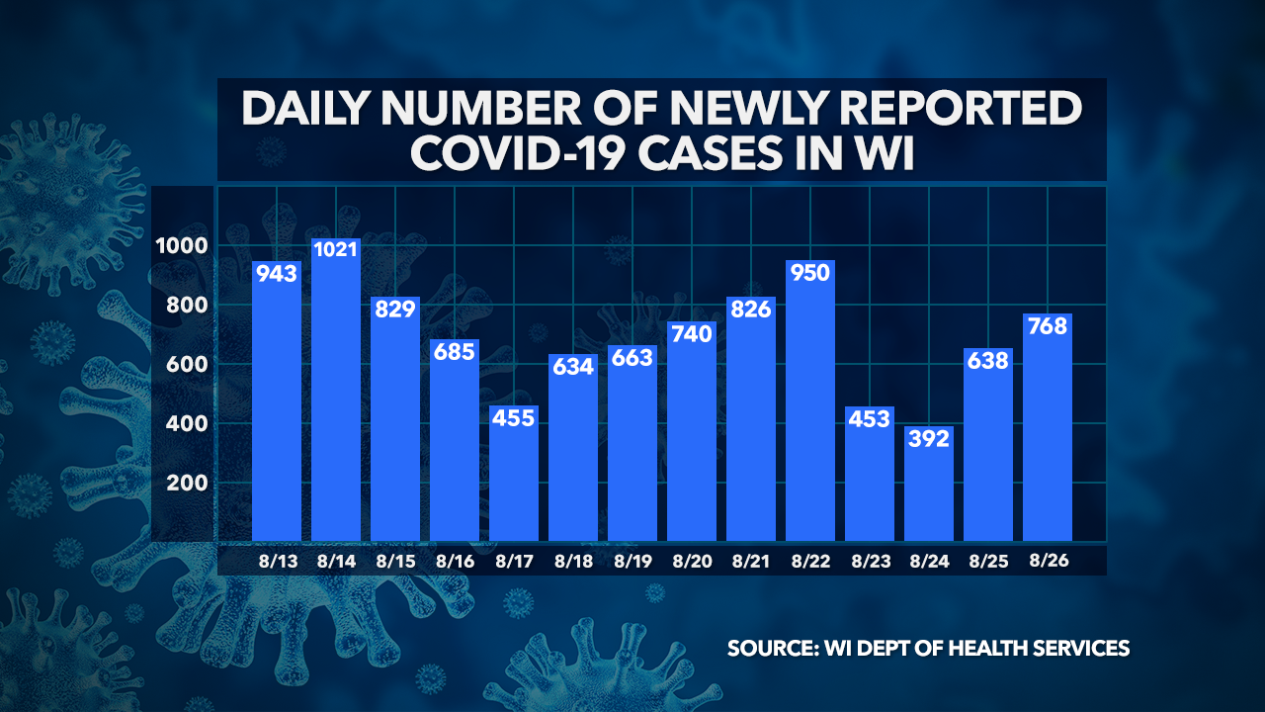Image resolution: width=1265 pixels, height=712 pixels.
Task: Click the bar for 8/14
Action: pyautogui.click(x=336, y=396)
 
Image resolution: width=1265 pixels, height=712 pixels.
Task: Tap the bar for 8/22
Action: pyautogui.click(x=810, y=405)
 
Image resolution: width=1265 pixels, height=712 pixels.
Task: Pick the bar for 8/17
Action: pyautogui.click(x=514, y=475)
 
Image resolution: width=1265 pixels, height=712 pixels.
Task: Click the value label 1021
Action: pyautogui.click(x=336, y=250)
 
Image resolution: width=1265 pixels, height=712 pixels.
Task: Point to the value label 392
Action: pyautogui.click(x=929, y=438)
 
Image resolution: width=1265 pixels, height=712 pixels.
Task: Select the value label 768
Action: pyautogui.click(x=1048, y=325)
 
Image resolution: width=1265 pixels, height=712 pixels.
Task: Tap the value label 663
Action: pyautogui.click(x=632, y=357)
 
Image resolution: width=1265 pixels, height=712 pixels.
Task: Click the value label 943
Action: pyautogui.click(x=277, y=273)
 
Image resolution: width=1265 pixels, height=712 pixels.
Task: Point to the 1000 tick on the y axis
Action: pyautogui.click(x=180, y=246)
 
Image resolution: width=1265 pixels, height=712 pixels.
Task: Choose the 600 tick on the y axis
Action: pyautogui.click(x=184, y=365)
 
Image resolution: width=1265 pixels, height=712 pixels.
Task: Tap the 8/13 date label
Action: pyautogui.click(x=277, y=561)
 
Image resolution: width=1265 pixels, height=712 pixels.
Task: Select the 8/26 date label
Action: pyautogui.click(x=1048, y=561)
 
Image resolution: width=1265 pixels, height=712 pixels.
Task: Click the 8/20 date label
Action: pyautogui.click(x=692, y=561)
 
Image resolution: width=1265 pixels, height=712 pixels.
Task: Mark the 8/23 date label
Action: pyautogui.click(x=870, y=561)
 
